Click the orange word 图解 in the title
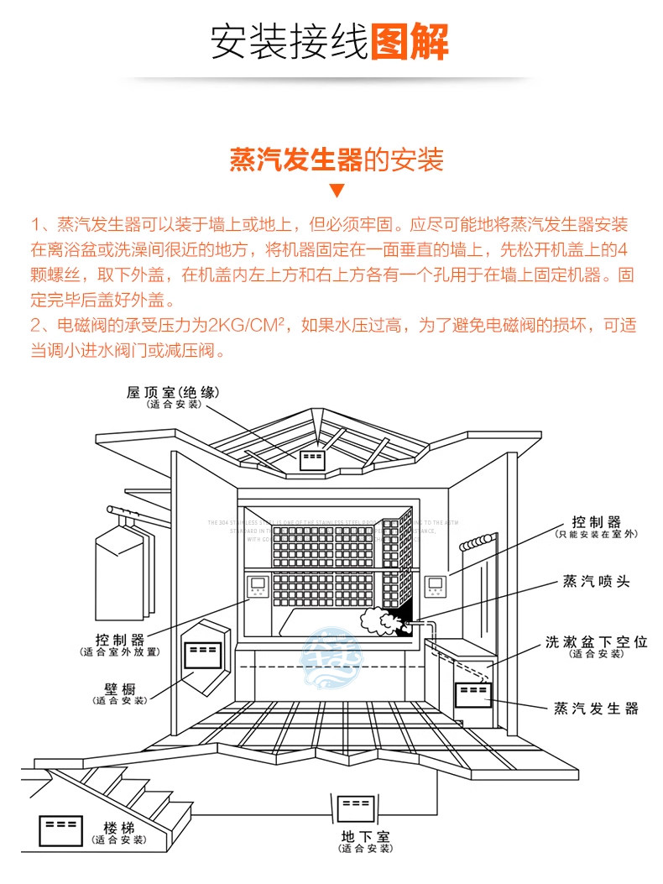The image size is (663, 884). tap(409, 39)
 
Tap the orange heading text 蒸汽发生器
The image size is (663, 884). tap(295, 160)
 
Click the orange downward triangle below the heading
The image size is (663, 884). tap(337, 191)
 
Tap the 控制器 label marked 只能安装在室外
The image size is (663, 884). tap(596, 522)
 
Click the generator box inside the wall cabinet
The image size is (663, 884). tap(204, 651)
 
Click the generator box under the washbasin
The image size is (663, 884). tap(472, 695)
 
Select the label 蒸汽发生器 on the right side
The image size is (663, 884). tap(596, 709)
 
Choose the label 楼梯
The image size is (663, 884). tap(119, 828)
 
